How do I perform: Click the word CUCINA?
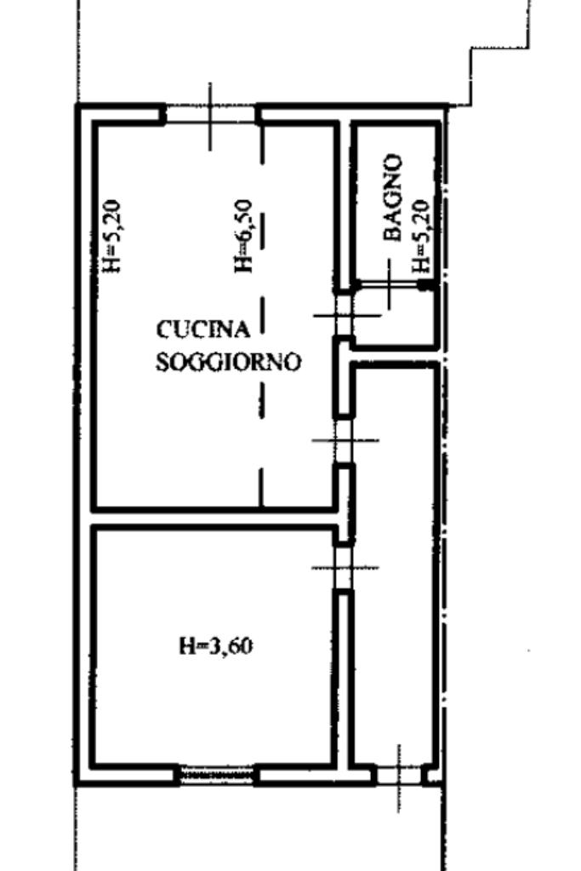click(x=203, y=329)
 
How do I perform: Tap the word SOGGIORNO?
click(x=228, y=362)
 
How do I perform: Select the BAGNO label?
click(x=393, y=198)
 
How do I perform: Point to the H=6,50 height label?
click(x=243, y=236)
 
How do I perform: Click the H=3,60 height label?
click(x=216, y=646)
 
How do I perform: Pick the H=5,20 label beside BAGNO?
click(x=422, y=236)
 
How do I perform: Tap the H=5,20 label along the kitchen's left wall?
click(x=113, y=236)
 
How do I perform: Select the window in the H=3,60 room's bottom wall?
click(x=217, y=773)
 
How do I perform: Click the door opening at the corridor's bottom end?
click(x=399, y=775)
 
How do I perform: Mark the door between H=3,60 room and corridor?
click(x=345, y=568)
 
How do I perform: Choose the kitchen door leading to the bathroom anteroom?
click(x=344, y=315)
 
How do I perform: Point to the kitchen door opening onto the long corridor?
click(x=344, y=440)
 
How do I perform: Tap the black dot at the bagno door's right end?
click(x=424, y=285)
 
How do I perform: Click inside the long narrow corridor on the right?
click(x=395, y=565)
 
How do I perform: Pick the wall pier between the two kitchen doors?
click(x=344, y=376)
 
